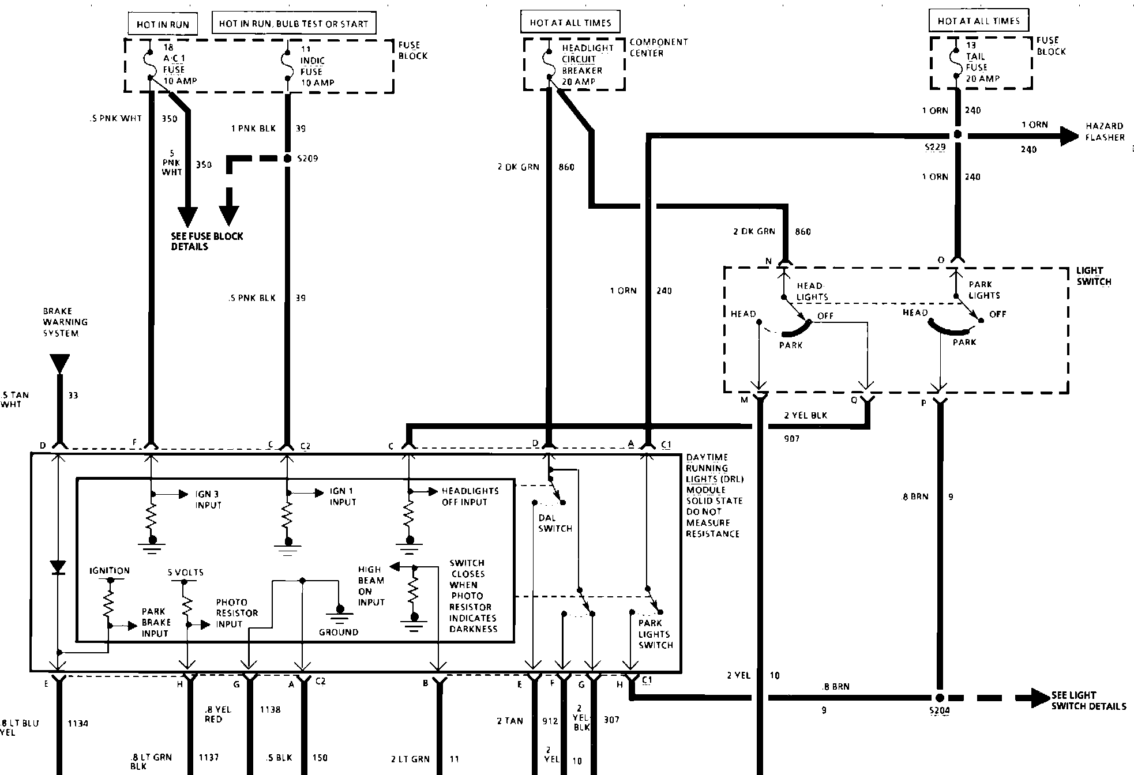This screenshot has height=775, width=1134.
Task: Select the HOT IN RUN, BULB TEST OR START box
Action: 294,24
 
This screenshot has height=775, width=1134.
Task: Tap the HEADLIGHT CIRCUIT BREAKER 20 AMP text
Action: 582,65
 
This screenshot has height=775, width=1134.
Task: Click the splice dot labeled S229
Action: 957,135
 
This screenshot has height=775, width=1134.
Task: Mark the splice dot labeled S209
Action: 287,158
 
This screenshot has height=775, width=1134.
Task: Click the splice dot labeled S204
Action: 940,698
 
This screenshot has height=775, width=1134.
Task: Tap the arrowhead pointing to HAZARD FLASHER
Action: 1069,136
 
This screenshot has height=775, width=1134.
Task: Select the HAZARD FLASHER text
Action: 1105,131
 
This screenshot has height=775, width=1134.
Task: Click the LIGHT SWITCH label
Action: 1093,276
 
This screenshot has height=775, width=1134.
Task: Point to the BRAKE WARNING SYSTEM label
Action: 65,322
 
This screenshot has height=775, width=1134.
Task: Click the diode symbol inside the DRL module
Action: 58,567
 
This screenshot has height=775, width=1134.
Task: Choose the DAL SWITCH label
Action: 555,523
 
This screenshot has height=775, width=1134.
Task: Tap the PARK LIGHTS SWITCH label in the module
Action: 655,634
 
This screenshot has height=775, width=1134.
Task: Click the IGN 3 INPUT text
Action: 208,499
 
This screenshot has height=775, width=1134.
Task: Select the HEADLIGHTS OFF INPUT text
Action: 470,496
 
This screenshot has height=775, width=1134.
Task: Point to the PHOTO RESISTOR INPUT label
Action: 236,613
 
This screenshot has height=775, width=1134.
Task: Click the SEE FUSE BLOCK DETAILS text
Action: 206,241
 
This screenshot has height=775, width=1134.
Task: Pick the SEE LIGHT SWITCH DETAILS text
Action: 1088,701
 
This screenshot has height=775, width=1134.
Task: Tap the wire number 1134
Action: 78,723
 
